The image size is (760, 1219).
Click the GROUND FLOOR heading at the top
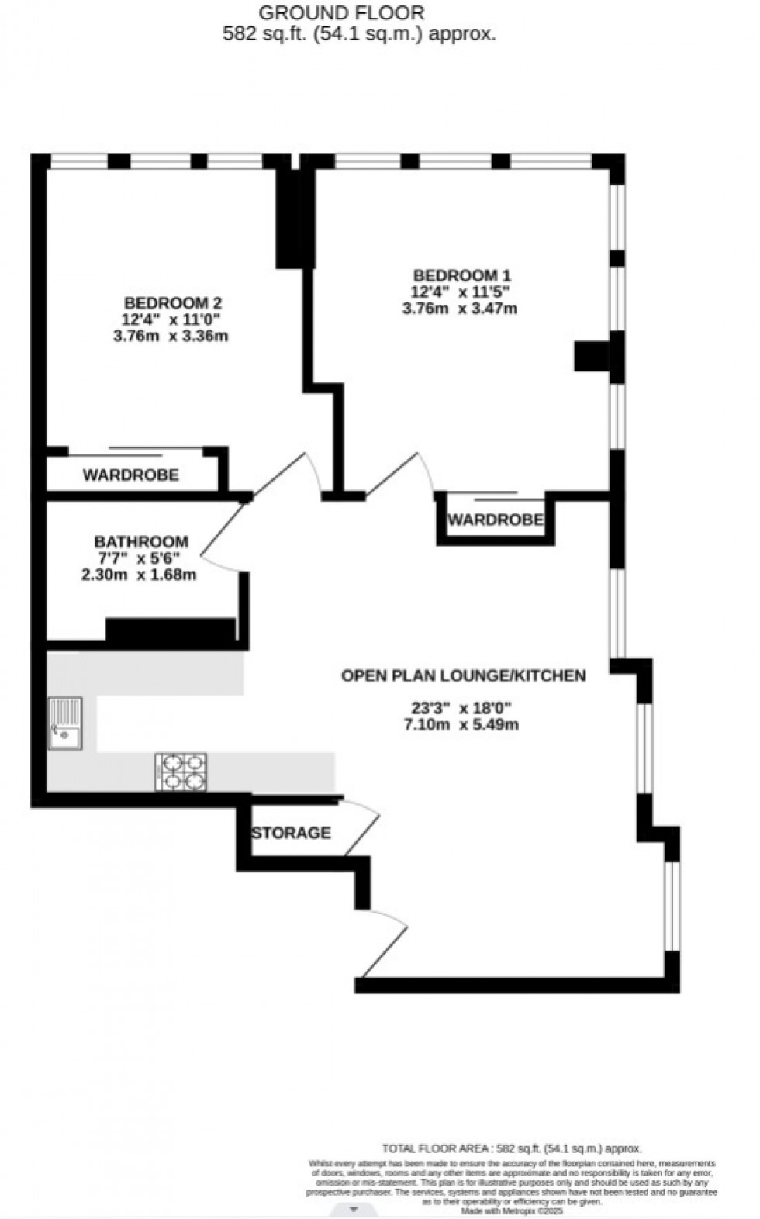341,13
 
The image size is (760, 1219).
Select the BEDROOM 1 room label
461,275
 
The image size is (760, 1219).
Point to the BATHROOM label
141,542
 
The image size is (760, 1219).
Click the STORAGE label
291,833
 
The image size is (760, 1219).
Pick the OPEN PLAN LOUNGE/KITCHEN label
464,675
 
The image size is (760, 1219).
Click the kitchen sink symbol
64,723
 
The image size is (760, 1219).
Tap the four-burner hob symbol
181,772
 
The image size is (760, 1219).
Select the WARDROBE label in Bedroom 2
131,475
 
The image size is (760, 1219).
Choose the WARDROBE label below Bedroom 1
495,520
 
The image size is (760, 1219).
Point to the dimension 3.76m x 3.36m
171,337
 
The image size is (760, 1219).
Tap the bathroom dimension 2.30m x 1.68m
139,575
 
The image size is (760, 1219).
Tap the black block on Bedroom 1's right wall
592,357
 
